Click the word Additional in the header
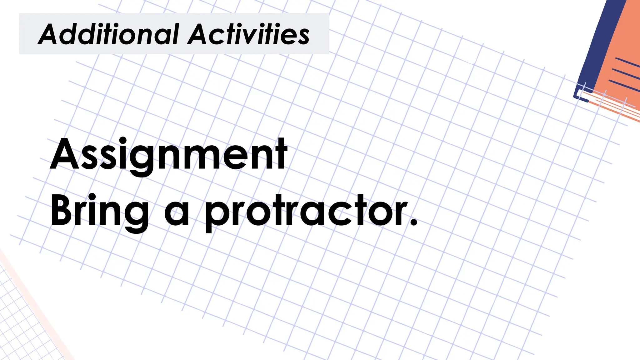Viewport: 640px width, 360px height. click(x=108, y=34)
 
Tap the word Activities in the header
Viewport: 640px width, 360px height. click(x=248, y=34)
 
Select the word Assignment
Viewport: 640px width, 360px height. click(x=168, y=155)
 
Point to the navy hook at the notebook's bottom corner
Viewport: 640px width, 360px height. click(x=580, y=94)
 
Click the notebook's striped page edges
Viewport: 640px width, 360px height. click(x=612, y=105)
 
